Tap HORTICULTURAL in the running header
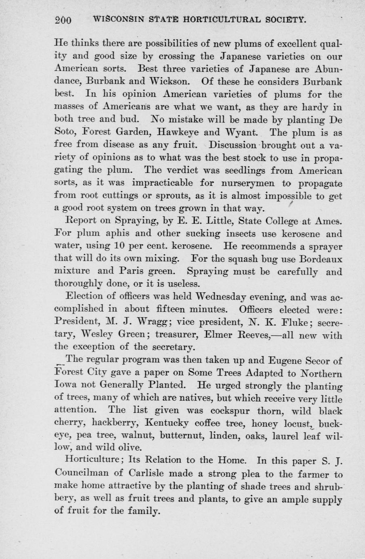pyautogui.click(x=218, y=19)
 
